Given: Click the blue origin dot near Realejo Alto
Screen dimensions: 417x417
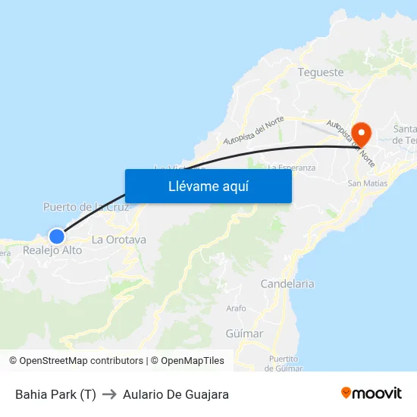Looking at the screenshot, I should pyautogui.click(x=56, y=236).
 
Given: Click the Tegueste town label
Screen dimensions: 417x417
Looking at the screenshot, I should pyautogui.click(x=321, y=73).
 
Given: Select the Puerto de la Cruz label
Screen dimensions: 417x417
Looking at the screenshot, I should pyautogui.click(x=86, y=207).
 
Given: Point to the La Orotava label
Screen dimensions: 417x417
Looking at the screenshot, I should pyautogui.click(x=118, y=240).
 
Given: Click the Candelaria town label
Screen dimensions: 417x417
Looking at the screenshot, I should pyautogui.click(x=287, y=284).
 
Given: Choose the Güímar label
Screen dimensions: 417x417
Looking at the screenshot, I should pyautogui.click(x=244, y=334).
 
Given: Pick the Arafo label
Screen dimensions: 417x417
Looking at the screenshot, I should pyautogui.click(x=236, y=309).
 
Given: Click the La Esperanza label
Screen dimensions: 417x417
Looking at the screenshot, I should pyautogui.click(x=292, y=168).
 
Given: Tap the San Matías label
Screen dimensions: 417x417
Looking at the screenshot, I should pyautogui.click(x=367, y=183).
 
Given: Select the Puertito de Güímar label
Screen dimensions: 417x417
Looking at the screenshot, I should pyautogui.click(x=283, y=363).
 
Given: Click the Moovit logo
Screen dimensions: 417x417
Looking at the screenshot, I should pyautogui.click(x=372, y=393).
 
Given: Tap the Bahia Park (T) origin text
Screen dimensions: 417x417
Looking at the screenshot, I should pyautogui.click(x=55, y=394).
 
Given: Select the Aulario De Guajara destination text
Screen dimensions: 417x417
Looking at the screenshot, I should pyautogui.click(x=176, y=394).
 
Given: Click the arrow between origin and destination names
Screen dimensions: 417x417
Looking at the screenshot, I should pyautogui.click(x=109, y=394).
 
